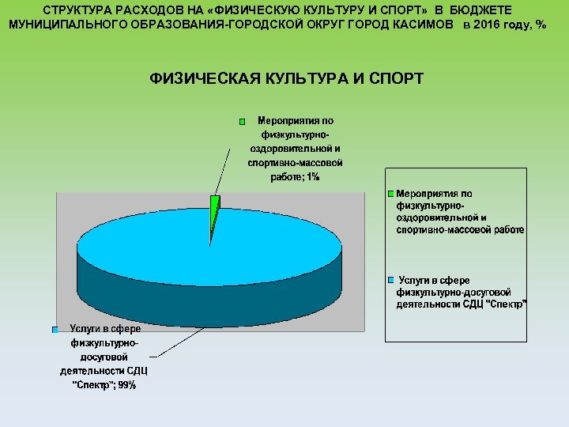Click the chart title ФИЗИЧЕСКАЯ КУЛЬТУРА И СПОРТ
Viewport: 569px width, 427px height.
pyautogui.click(x=286, y=78)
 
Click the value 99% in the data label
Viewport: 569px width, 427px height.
pyautogui.click(x=126, y=385)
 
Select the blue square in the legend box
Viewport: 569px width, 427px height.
pyautogui.click(x=390, y=281)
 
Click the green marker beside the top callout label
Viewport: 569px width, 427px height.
pyautogui.click(x=243, y=123)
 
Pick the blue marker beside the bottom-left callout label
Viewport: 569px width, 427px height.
pyautogui.click(x=55, y=329)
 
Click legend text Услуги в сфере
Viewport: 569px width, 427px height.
pyautogui.click(x=434, y=281)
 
